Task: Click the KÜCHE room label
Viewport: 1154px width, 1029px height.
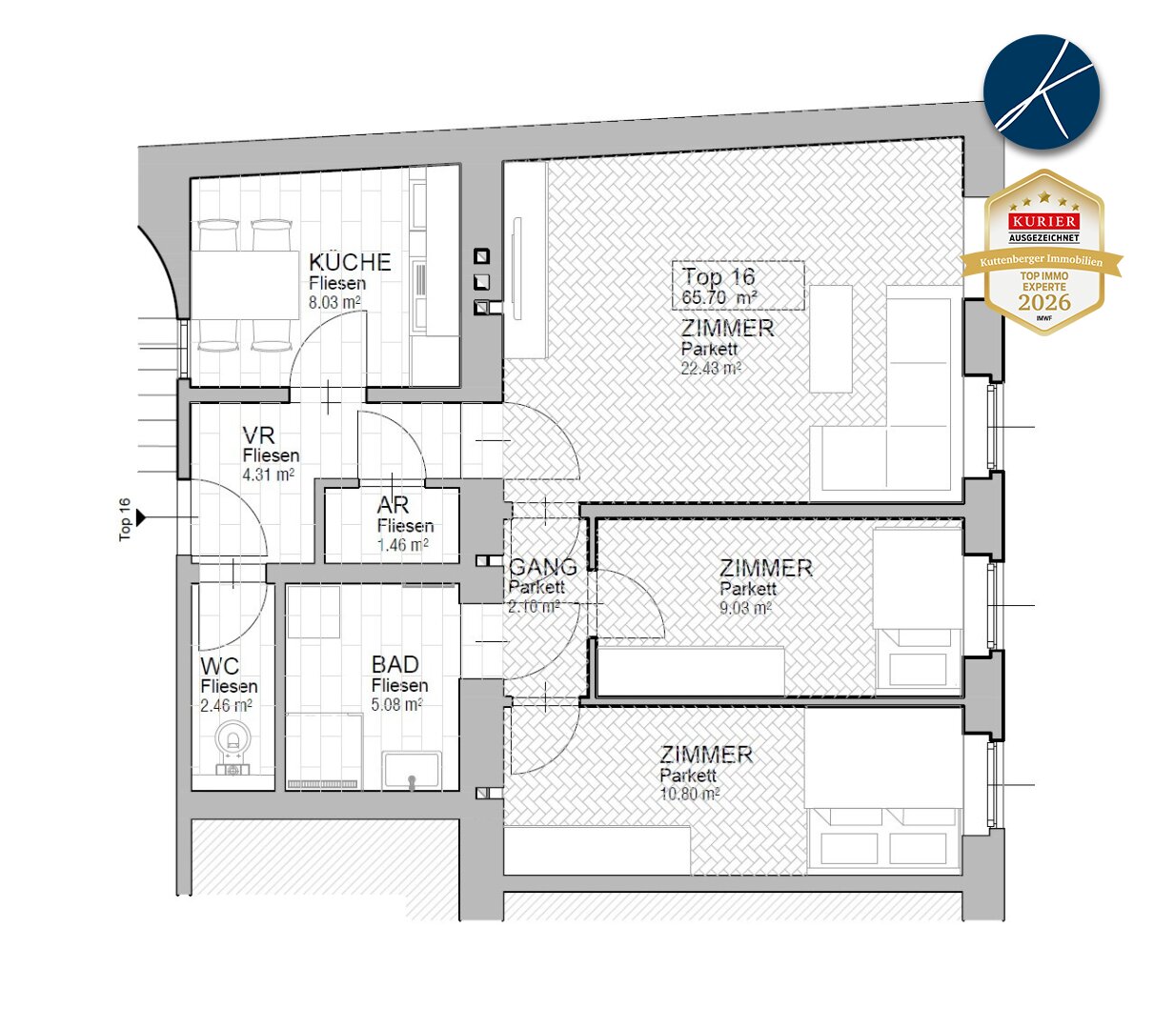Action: pos(350,263)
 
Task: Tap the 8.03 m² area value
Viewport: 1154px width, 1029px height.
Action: pos(334,302)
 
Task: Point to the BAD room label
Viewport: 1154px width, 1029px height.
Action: pos(395,664)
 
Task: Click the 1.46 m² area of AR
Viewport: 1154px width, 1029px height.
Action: pos(403,545)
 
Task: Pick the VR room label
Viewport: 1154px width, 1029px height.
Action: pos(258,435)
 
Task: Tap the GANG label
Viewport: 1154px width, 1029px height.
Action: pos(543,567)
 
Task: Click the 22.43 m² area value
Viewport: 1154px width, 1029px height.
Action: pos(711,369)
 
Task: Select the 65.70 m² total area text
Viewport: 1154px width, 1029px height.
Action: pos(719,297)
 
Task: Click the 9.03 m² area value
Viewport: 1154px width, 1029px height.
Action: pos(745,608)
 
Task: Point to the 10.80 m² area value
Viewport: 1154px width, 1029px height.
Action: pos(689,794)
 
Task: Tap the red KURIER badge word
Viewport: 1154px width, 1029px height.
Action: pos(1044,221)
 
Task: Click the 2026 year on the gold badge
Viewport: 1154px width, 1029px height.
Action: pos(1044,302)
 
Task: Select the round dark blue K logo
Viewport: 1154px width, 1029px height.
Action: pos(1042,92)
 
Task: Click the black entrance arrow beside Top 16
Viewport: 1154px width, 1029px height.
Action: pos(141,517)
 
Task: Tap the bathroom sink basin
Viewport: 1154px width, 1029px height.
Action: pos(412,771)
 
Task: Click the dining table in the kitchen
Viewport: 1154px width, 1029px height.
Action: pos(244,285)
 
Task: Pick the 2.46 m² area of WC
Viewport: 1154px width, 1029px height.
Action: pos(226,706)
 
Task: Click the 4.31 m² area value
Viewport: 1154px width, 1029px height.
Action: pos(269,474)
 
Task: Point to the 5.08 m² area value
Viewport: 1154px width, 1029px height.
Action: pos(396,704)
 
